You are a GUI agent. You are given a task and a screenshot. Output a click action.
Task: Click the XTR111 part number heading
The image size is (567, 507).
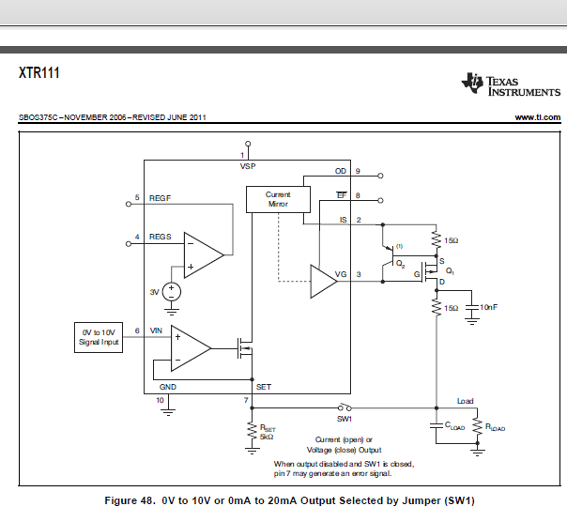tap(39, 72)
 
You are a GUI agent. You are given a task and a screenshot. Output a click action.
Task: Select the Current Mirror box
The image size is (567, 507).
tap(277, 199)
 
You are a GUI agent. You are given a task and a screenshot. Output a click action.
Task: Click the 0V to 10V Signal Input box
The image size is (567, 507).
tap(99, 338)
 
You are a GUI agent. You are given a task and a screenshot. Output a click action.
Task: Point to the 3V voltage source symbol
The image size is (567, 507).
tap(171, 292)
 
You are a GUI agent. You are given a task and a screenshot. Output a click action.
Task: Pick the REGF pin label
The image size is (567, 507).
tap(160, 198)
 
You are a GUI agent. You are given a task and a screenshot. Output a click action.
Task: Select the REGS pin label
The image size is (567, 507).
tap(161, 237)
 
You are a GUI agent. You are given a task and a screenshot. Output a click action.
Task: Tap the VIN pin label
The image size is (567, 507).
tap(156, 330)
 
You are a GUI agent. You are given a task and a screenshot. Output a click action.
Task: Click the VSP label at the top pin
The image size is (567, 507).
tap(248, 165)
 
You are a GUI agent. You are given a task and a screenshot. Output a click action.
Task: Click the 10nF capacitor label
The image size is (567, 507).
tap(489, 307)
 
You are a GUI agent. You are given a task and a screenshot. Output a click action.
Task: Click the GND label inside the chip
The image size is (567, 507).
tap(167, 387)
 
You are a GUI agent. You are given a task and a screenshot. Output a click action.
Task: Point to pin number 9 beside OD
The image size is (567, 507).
tap(383, 174)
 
